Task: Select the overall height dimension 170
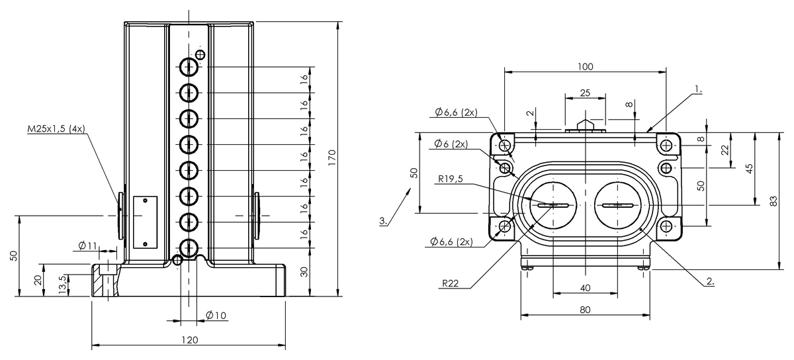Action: tap(333, 156)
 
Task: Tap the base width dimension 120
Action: tap(189, 339)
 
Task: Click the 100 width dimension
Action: tap(585, 66)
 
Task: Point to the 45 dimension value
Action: tap(749, 168)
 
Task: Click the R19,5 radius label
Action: tap(453, 178)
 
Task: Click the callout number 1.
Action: tap(699, 87)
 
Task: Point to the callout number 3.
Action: tap(383, 220)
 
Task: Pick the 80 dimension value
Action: tap(585, 308)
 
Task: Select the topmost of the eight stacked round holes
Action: tap(189, 67)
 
